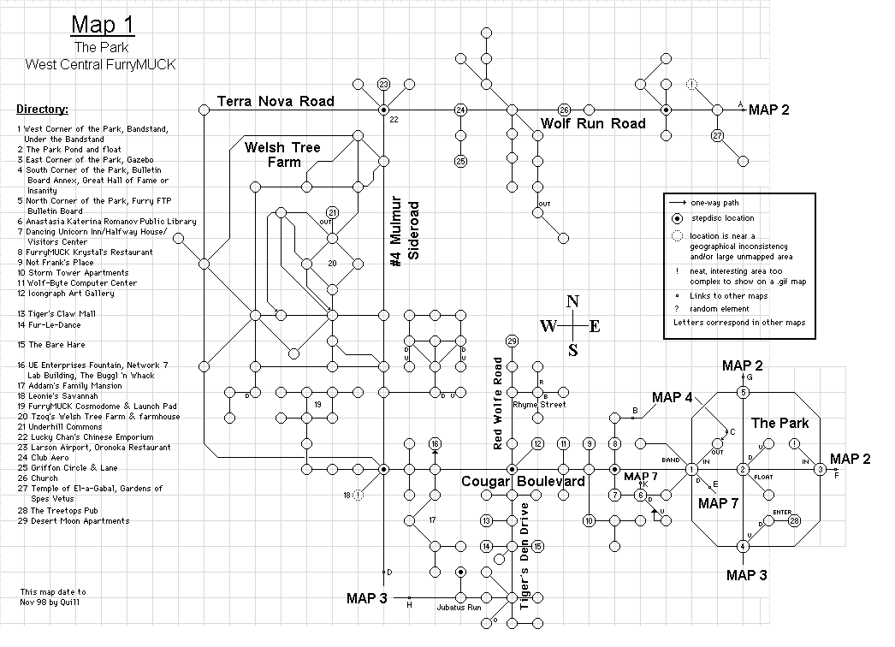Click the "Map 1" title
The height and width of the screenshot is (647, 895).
click(x=103, y=25)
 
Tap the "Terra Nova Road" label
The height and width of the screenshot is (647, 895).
click(x=276, y=101)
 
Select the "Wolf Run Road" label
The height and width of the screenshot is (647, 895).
click(x=593, y=123)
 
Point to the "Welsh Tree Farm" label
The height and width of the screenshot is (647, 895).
click(x=283, y=155)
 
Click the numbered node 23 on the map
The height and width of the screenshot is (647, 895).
click(x=383, y=85)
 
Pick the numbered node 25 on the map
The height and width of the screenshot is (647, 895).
click(x=460, y=161)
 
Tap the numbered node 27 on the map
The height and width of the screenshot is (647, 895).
click(x=718, y=135)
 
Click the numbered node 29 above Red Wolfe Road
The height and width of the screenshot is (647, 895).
click(x=512, y=341)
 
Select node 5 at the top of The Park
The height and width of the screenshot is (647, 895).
click(x=743, y=392)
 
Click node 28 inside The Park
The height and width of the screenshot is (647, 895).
click(x=794, y=521)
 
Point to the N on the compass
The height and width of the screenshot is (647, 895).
click(x=572, y=301)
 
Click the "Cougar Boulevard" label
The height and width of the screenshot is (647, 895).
click(x=524, y=481)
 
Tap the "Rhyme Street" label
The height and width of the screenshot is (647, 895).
click(x=539, y=405)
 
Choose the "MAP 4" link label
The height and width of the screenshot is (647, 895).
click(x=673, y=397)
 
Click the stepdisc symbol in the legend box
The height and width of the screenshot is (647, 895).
click(x=677, y=218)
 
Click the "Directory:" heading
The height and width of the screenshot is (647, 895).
click(x=42, y=109)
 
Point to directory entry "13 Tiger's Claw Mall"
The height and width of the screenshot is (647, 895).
click(x=56, y=314)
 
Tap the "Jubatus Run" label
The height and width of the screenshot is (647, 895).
click(x=459, y=608)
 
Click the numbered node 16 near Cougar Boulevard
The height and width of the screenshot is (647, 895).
click(x=435, y=443)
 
